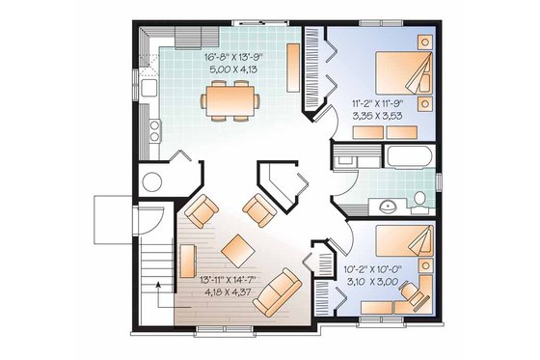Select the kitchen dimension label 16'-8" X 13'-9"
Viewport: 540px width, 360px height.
click(x=232, y=57)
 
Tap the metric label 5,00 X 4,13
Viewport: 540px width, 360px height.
click(x=232, y=69)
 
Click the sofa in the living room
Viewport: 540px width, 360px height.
click(x=276, y=292)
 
